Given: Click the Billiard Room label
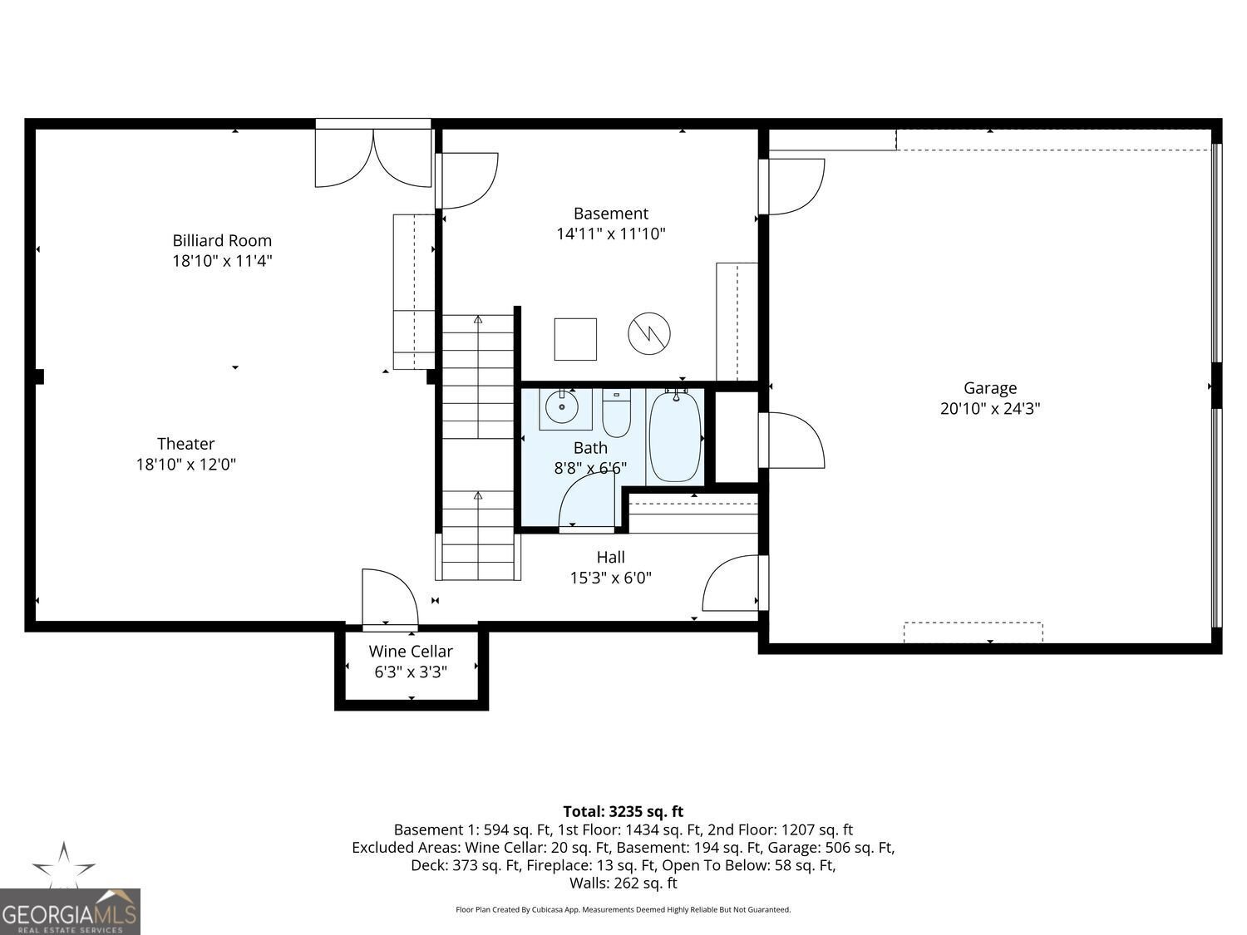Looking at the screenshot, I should click(222, 241).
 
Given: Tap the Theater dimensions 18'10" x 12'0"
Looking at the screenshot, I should click(186, 465).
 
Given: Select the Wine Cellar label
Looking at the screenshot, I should click(411, 652).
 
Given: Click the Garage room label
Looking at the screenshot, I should click(989, 388).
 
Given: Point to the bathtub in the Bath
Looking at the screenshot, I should click(674, 436).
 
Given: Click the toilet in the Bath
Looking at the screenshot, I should click(616, 414).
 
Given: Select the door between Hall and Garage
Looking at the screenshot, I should click(732, 584).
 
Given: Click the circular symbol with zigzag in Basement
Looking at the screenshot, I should click(648, 334).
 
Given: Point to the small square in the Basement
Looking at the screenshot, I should click(575, 339).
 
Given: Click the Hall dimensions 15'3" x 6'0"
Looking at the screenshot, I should click(610, 578).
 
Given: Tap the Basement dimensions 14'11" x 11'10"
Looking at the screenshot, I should click(610, 234).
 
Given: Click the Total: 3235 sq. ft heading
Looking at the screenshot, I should click(623, 811).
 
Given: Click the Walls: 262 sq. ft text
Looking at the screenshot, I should click(623, 883).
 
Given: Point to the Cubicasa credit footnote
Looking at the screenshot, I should click(623, 910).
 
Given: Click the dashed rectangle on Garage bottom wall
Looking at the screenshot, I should click(973, 632).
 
